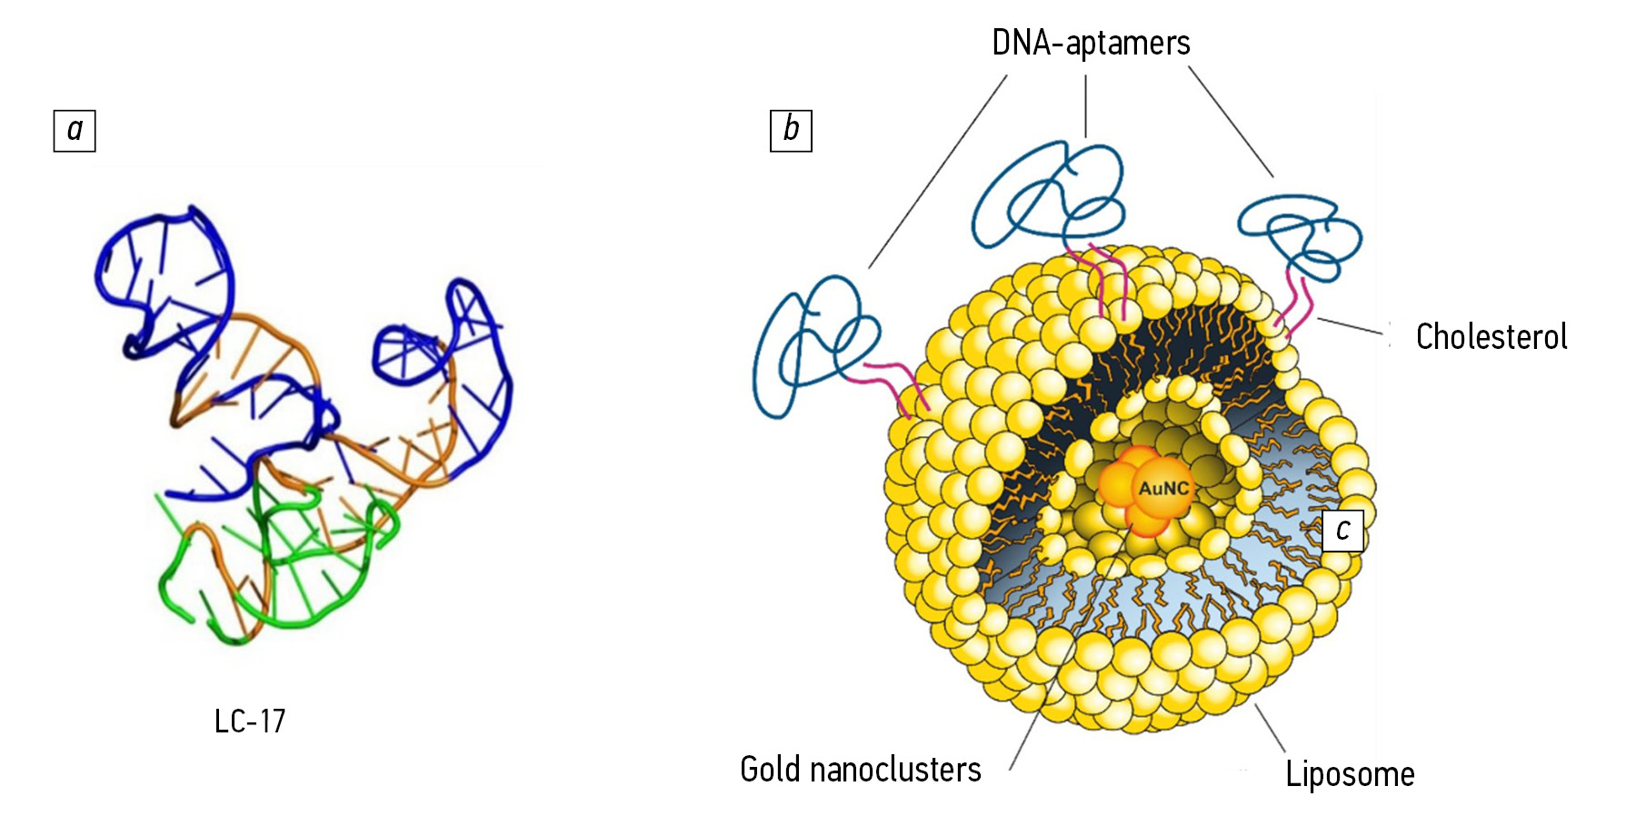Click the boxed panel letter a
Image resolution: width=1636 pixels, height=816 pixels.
pyautogui.click(x=75, y=130)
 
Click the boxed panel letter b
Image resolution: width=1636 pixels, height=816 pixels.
pyautogui.click(x=791, y=130)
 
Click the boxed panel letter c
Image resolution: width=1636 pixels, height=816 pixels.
pyautogui.click(x=1342, y=530)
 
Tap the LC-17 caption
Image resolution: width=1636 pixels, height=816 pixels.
pyautogui.click(x=250, y=721)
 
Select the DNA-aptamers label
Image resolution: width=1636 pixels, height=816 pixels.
pyautogui.click(x=1091, y=43)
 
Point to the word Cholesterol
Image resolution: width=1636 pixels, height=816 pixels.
pyautogui.click(x=1491, y=337)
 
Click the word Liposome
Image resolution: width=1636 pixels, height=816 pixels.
pyautogui.click(x=1350, y=774)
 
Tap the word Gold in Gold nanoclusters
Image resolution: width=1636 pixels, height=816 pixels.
pyautogui.click(x=770, y=770)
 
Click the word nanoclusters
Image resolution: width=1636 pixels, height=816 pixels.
pyautogui.click(x=895, y=770)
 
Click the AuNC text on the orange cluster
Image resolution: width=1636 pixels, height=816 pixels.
pyautogui.click(x=1163, y=489)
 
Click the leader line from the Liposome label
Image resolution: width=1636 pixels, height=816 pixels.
pyautogui.click(x=1271, y=728)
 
